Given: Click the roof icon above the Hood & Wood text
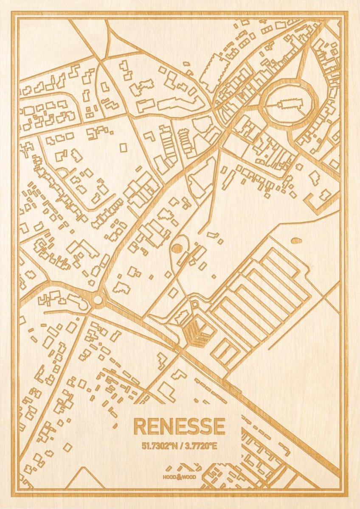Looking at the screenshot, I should point(180,467).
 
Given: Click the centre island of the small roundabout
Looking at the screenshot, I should point(98,300).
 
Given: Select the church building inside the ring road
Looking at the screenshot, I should point(290,103).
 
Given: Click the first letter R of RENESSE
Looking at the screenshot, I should point(139,426).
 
